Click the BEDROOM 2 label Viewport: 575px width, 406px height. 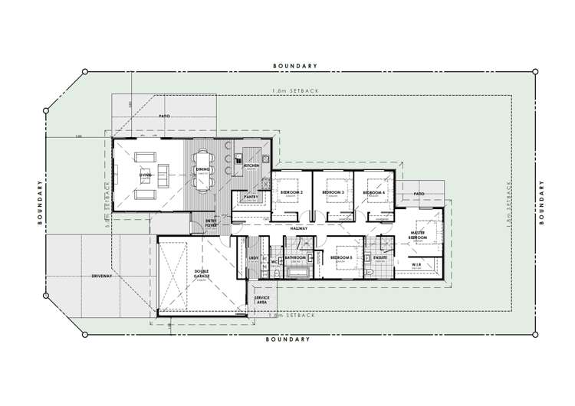(291, 192)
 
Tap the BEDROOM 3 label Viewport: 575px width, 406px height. (333, 192)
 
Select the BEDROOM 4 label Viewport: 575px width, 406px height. (375, 192)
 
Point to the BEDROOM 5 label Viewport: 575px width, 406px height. (342, 259)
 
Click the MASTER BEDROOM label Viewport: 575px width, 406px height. (418, 234)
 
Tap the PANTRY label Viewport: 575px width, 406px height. (250, 197)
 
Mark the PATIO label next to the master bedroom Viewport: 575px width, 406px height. (419, 195)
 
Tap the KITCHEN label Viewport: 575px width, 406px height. (251, 165)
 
